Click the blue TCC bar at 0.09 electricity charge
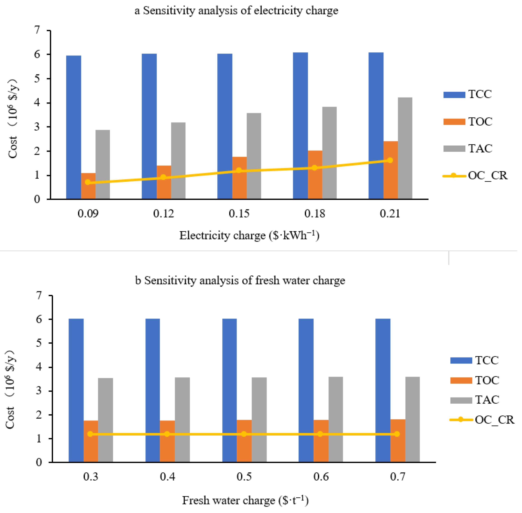73,127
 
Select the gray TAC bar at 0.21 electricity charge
405,148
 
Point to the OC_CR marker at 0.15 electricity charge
239,170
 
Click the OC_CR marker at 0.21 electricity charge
390,160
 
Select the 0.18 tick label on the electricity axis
314,214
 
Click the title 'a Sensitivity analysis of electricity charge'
236,11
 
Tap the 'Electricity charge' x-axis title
249,235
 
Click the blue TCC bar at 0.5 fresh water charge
229,391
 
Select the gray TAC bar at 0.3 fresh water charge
105,420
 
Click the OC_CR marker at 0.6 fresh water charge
320,434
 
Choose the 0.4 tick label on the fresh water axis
167,477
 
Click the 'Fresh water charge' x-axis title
245,500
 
